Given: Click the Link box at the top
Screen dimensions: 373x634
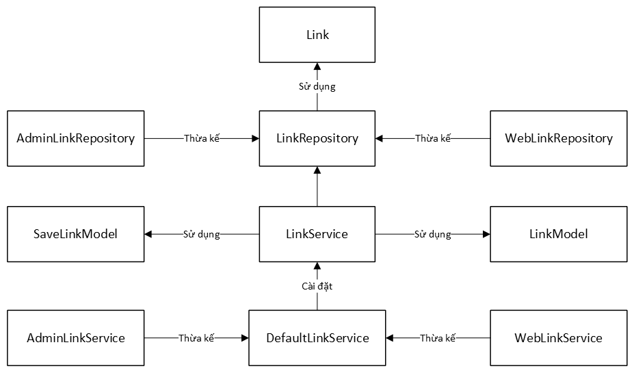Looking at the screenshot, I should [317, 35].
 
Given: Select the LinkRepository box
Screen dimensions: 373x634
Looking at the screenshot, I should [317, 138].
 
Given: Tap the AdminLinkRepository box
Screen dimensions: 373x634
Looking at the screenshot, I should [75, 138].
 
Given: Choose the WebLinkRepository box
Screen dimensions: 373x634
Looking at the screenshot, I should [558, 138].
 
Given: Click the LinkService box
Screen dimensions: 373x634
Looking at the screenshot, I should [317, 234].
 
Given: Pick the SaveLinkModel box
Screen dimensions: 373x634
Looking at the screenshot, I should [75, 234].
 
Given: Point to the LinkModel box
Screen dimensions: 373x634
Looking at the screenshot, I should [558, 234].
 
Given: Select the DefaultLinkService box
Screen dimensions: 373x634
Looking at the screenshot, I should [317, 338].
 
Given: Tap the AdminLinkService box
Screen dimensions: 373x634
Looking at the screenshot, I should [75, 338].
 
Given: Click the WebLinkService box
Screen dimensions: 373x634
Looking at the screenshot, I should [558, 338].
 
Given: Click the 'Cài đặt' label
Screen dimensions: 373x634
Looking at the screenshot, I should [317, 287].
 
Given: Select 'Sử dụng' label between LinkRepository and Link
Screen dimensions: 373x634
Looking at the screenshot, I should [317, 87].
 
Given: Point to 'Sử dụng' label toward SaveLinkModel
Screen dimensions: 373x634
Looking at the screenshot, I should [201, 234].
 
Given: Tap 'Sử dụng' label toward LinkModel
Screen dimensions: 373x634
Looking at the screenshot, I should [432, 234].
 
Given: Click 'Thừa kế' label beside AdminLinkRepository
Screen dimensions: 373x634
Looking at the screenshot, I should [202, 138].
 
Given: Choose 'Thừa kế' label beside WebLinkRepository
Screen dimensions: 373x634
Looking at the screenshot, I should [433, 138].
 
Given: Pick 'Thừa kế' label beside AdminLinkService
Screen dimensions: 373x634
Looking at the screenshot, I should [196, 338].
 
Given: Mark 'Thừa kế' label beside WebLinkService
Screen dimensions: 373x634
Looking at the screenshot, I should [438, 338].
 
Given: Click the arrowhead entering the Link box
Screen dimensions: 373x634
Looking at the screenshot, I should [317, 66].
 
